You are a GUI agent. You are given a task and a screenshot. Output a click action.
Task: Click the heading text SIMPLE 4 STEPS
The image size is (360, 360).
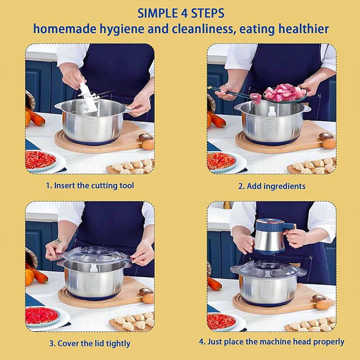pyautogui.click(x=180, y=12)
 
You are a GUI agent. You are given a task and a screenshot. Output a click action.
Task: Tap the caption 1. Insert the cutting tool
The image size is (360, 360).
pyautogui.click(x=90, y=185)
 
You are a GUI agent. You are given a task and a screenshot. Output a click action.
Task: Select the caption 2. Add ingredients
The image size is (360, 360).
pyautogui.click(x=271, y=185)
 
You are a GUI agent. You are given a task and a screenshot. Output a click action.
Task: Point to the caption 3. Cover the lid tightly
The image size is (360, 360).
pyautogui.click(x=90, y=343)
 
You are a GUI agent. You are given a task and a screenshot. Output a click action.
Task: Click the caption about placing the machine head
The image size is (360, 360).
pyautogui.click(x=271, y=342)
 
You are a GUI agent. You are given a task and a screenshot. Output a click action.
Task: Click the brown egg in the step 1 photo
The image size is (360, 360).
pyautogui.click(x=148, y=144)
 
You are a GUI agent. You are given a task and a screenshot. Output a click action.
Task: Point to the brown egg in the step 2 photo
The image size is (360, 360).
pyautogui.click(x=329, y=143)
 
